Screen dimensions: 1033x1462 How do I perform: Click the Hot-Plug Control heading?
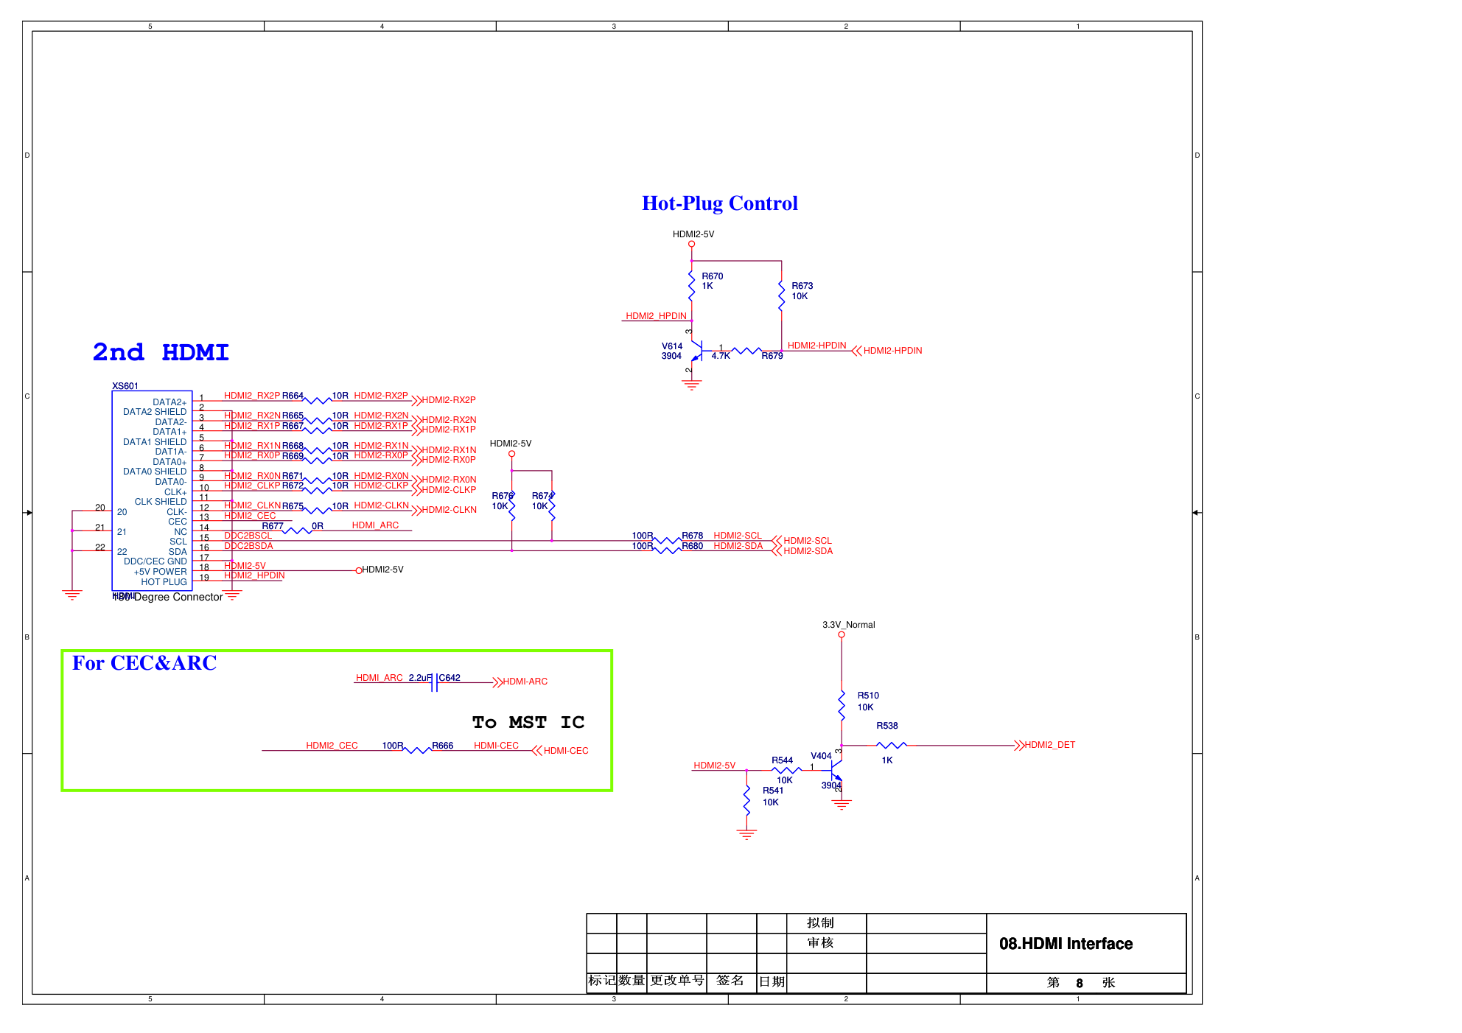point(719,203)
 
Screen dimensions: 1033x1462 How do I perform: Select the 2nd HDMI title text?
point(161,352)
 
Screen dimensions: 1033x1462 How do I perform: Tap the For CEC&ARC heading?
point(144,663)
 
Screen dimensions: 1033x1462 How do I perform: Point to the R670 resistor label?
point(712,276)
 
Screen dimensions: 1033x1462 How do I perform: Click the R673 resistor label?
point(802,286)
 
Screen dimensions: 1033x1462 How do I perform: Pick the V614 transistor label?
point(671,346)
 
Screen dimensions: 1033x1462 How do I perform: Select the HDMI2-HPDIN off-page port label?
point(892,351)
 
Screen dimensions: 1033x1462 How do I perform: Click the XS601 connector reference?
point(125,386)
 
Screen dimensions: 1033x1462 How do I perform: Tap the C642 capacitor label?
point(450,678)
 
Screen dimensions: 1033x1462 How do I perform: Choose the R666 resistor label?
point(442,746)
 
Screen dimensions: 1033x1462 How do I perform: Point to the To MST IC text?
point(528,722)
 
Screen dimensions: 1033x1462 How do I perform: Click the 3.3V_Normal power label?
point(848,625)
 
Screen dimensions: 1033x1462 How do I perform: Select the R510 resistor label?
point(867,696)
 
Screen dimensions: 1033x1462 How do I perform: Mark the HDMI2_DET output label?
point(1049,745)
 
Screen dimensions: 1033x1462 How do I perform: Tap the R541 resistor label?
point(773,791)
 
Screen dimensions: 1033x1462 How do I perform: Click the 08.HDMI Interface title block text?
point(1066,944)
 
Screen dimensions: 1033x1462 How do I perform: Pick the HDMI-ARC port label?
point(525,682)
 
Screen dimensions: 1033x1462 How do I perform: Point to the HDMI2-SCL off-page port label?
point(807,541)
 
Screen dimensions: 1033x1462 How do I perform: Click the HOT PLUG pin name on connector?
point(164,582)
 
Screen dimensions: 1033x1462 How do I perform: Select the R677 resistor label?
point(272,526)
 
